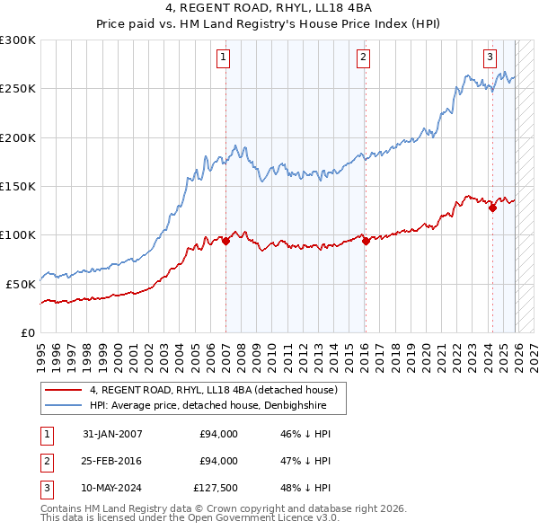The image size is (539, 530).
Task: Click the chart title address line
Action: [x=269, y=8]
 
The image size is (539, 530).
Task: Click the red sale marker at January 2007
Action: [x=225, y=241]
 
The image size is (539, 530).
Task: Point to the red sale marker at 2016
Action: [x=366, y=241]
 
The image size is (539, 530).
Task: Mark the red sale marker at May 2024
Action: [x=492, y=208]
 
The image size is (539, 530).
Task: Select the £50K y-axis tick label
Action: [x=21, y=284]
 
